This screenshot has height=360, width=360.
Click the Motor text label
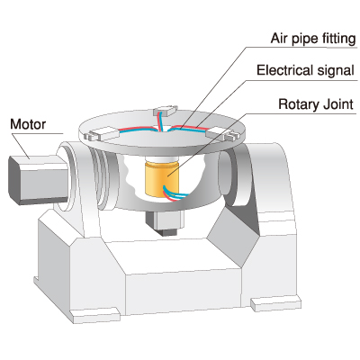(28, 124)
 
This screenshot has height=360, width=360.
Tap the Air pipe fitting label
(313, 39)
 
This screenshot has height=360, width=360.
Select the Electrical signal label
(305, 70)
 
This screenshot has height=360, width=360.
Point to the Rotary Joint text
(316, 104)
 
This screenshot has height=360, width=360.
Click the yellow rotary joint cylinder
(162, 179)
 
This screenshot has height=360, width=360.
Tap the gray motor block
(38, 179)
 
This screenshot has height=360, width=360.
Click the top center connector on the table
(166, 111)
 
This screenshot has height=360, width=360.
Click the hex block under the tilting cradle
(164, 222)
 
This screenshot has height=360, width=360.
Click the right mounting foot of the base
(275, 303)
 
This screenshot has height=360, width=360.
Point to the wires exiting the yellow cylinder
(175, 193)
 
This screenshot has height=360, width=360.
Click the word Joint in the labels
(337, 104)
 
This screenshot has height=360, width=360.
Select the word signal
(336, 71)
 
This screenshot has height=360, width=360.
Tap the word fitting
(339, 39)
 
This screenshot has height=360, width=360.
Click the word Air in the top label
(279, 39)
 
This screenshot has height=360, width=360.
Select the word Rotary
(298, 104)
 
